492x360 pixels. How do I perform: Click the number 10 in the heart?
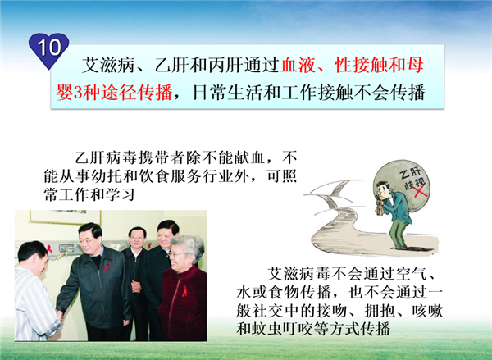(x=49, y=48)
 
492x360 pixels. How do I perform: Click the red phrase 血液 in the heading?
(x=297, y=65)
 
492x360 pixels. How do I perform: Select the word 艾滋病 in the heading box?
(x=108, y=65)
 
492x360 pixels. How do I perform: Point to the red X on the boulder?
(x=420, y=191)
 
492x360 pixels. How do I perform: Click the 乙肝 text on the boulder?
(x=411, y=173)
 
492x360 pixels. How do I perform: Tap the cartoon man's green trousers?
(x=399, y=233)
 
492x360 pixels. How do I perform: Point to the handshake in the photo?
(x=60, y=315)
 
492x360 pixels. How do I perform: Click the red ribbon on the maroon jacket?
(x=184, y=291)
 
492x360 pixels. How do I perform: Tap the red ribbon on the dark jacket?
(x=107, y=267)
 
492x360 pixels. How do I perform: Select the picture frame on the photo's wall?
(x=66, y=217)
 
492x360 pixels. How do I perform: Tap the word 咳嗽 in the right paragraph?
(x=427, y=311)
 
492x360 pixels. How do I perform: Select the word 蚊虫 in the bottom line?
(x=269, y=329)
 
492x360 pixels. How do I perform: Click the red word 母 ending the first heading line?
(x=415, y=65)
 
